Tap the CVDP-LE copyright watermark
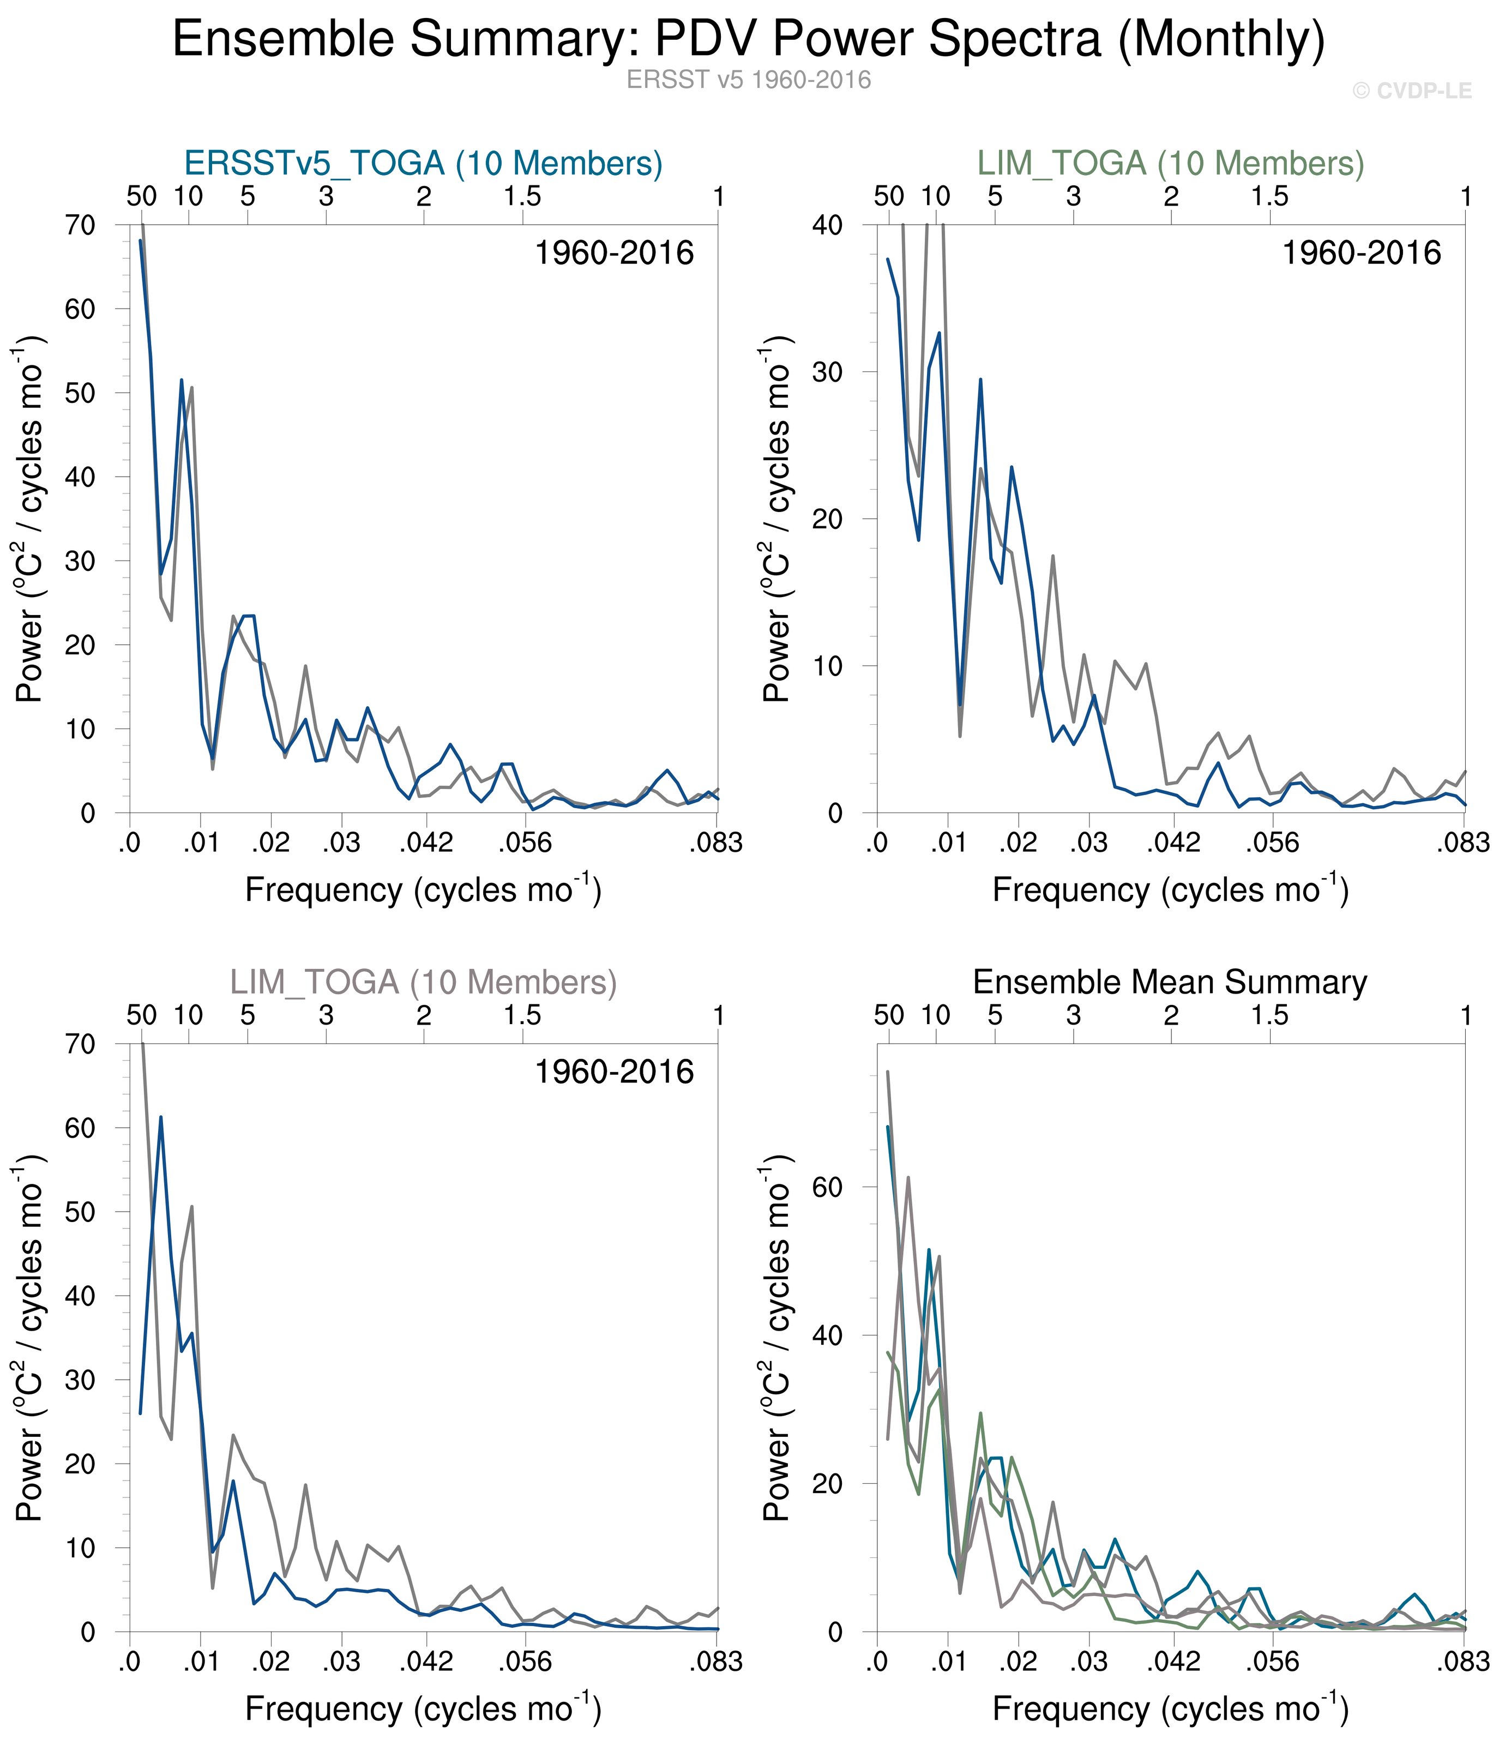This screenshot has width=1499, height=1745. (x=1411, y=91)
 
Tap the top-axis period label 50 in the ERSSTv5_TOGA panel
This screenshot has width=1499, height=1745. (x=141, y=196)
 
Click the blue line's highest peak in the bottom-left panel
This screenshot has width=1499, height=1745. (x=161, y=1117)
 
